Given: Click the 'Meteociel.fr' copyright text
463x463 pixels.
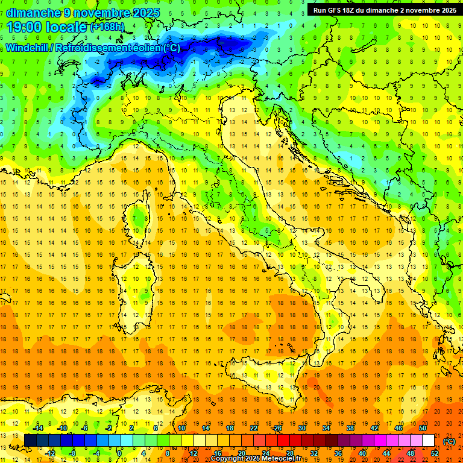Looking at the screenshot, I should click(285, 459).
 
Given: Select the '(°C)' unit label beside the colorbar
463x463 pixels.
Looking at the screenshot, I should click(449, 441).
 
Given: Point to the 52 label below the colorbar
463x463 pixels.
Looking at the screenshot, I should click(434, 453).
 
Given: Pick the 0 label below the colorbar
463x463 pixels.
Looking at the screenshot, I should click(120, 453).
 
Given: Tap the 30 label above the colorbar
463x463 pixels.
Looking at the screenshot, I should click(302, 428).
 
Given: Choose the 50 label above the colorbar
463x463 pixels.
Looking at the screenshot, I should click(422, 428).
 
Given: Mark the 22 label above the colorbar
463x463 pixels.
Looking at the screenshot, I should click(254, 428).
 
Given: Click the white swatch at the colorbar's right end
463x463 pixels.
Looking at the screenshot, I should click(428, 441).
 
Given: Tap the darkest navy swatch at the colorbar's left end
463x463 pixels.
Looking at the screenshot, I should click(31, 441).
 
